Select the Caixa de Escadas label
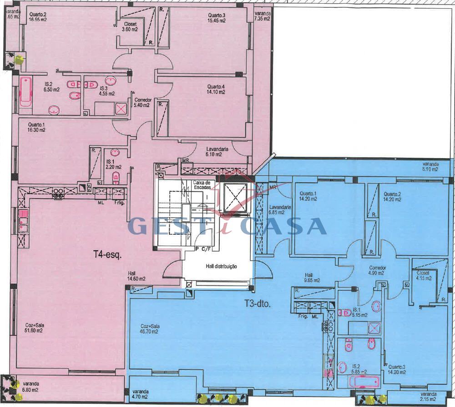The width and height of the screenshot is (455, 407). point(201,185)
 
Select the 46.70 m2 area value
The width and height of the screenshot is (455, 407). point(149,331)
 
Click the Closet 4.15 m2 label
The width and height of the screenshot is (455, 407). point(423,275)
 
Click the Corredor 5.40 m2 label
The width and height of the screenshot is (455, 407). point(142,102)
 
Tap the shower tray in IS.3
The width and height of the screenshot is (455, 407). point(121,108)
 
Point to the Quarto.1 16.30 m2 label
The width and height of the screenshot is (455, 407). point(37,127)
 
